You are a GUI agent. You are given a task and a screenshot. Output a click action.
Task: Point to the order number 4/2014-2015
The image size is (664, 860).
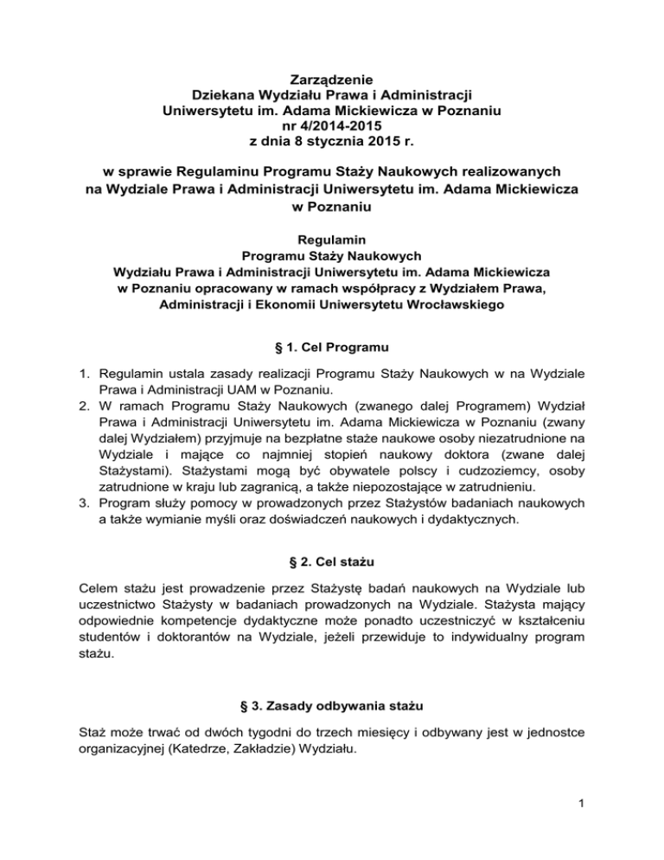332,125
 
